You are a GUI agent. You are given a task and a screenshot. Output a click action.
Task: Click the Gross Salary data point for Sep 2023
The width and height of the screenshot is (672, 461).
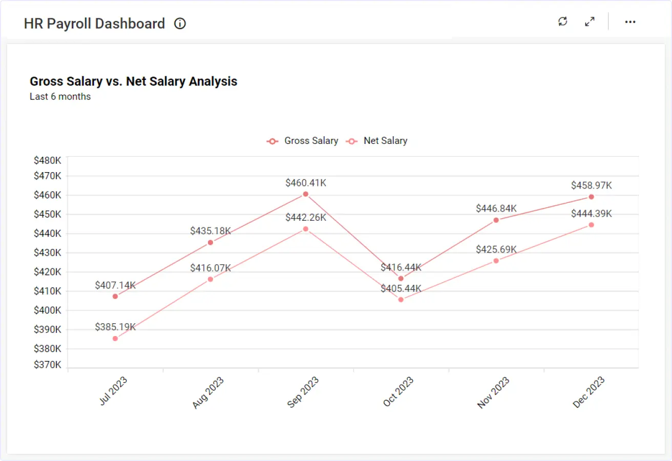306,194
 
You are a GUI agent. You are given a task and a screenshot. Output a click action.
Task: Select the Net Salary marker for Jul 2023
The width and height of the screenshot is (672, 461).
115,339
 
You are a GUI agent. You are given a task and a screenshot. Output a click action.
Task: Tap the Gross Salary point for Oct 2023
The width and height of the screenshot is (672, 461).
401,279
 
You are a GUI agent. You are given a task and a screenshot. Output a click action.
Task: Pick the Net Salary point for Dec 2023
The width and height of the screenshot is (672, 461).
592,225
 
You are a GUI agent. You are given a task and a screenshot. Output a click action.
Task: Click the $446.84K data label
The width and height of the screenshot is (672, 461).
496,208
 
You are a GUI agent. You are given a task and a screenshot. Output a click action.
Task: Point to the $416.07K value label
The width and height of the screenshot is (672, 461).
211,268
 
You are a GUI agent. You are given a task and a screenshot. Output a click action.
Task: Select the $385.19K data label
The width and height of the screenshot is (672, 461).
115,327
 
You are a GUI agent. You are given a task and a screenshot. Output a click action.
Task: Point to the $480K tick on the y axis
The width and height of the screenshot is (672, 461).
48,160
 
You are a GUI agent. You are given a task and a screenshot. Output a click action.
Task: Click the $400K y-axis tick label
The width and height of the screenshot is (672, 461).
48,310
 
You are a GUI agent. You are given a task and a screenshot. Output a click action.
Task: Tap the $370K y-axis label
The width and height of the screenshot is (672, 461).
48,365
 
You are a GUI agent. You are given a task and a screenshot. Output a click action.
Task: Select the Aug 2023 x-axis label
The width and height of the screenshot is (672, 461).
208,393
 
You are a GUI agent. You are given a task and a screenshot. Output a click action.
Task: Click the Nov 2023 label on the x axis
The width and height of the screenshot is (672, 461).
493,393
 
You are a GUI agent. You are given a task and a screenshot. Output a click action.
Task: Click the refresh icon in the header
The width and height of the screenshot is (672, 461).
563,22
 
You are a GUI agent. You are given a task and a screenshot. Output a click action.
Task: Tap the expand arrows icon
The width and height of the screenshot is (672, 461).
590,22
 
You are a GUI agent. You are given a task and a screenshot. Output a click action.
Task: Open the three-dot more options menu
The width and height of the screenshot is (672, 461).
630,22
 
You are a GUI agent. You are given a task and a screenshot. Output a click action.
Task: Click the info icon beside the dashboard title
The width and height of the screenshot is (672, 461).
180,24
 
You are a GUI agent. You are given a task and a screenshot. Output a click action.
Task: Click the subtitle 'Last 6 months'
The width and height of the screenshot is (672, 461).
60,97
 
